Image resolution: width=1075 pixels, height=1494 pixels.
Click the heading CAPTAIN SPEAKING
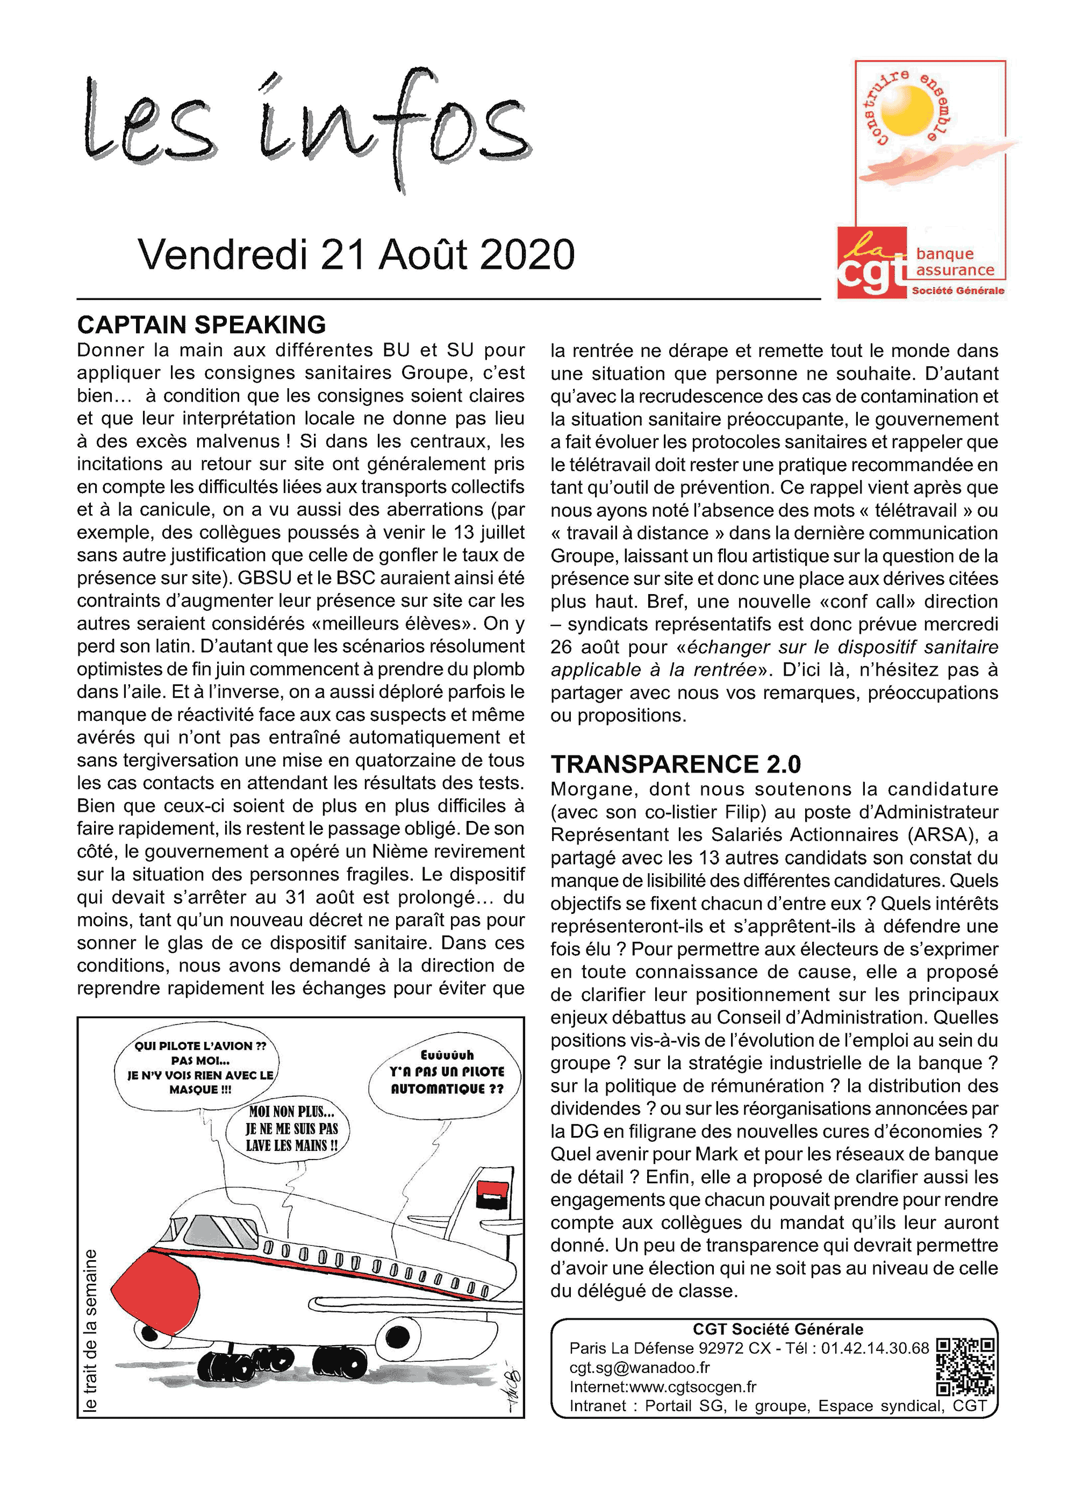[x=201, y=325]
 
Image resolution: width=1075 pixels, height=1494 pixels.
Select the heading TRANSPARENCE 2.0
[x=675, y=764]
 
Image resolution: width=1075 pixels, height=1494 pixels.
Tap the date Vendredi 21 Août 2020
[x=356, y=254]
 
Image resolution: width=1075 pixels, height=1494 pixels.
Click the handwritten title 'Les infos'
[x=306, y=125]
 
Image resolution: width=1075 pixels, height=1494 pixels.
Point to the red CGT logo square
[x=871, y=262]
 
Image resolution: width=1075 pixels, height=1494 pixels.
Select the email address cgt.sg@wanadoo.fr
[x=639, y=1368]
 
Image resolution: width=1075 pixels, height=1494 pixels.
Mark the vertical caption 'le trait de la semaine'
[x=90, y=1331]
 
